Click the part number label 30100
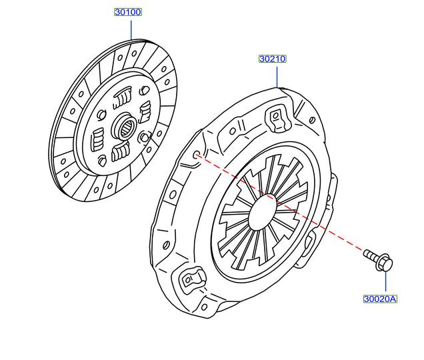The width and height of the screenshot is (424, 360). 128,12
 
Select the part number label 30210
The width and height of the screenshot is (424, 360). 272,59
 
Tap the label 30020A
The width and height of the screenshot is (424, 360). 380,299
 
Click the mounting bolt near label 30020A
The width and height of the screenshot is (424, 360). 379,260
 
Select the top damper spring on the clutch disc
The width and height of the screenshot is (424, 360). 121,99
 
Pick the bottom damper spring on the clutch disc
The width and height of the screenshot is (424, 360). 121,152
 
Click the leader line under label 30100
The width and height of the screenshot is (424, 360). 131,30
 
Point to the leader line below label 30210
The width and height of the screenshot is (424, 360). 276,75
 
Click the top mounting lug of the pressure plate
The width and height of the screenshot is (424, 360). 275,118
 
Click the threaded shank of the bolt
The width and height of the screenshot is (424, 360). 371,255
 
